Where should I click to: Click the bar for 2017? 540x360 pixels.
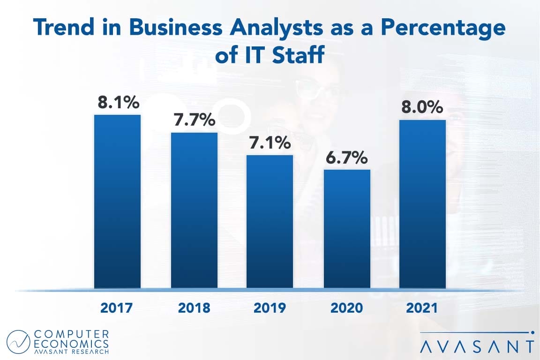(117, 202)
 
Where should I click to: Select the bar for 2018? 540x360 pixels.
(194, 210)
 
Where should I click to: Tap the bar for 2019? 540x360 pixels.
(270, 221)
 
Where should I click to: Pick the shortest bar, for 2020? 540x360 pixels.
(347, 229)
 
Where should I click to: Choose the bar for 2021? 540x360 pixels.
(422, 204)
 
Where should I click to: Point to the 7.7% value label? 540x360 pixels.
(194, 120)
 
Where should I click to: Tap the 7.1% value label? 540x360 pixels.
(270, 142)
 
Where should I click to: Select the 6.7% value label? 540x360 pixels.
(346, 158)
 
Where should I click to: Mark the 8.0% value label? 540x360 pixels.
(422, 107)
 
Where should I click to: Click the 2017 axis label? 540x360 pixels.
(117, 308)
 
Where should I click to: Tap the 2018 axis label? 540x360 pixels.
(194, 308)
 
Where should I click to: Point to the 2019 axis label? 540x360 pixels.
(270, 308)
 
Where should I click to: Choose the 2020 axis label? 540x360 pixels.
(346, 308)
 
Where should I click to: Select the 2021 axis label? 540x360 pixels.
(422, 308)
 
